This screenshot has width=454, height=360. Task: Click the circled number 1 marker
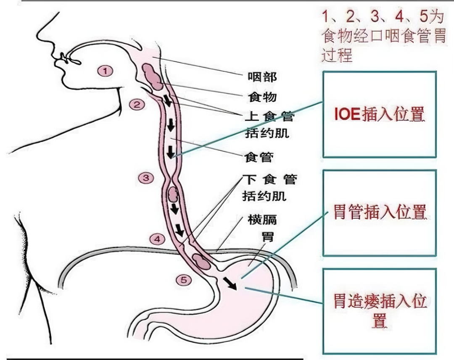[x=106, y=71]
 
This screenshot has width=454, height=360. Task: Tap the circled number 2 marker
[x=137, y=105]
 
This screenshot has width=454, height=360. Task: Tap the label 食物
[x=262, y=97]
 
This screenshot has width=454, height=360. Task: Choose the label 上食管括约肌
[x=269, y=125]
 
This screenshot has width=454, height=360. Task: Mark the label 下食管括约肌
[x=269, y=187]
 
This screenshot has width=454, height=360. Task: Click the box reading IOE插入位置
[x=379, y=114]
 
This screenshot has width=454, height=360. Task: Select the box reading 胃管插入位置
[x=379, y=212]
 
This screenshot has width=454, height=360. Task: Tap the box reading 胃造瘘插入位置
[x=379, y=311]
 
